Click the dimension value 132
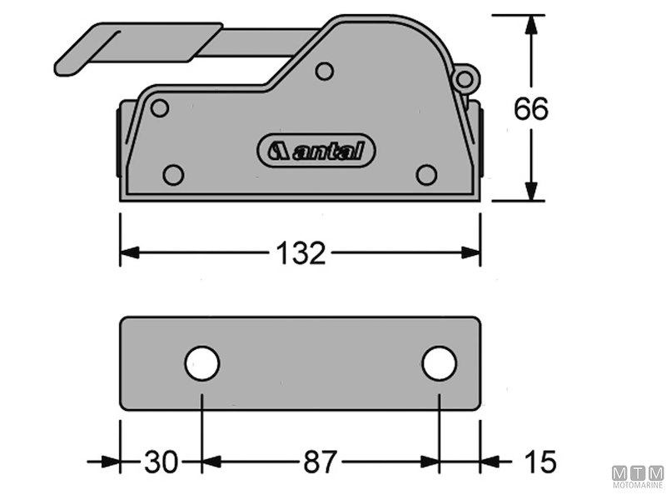point(301,252)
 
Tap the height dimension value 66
point(530,109)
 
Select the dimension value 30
point(161,462)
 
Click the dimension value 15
point(539,462)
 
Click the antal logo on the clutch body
point(316,151)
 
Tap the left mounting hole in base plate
point(202,364)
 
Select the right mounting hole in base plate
point(439,363)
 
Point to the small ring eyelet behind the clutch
point(465,79)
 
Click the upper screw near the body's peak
point(325,72)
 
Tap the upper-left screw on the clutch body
point(160,107)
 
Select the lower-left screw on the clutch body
point(173,174)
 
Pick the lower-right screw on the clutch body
point(426,174)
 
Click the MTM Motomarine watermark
point(638,476)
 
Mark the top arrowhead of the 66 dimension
point(530,22)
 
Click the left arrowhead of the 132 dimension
point(128,252)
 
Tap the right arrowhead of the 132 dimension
point(473,252)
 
